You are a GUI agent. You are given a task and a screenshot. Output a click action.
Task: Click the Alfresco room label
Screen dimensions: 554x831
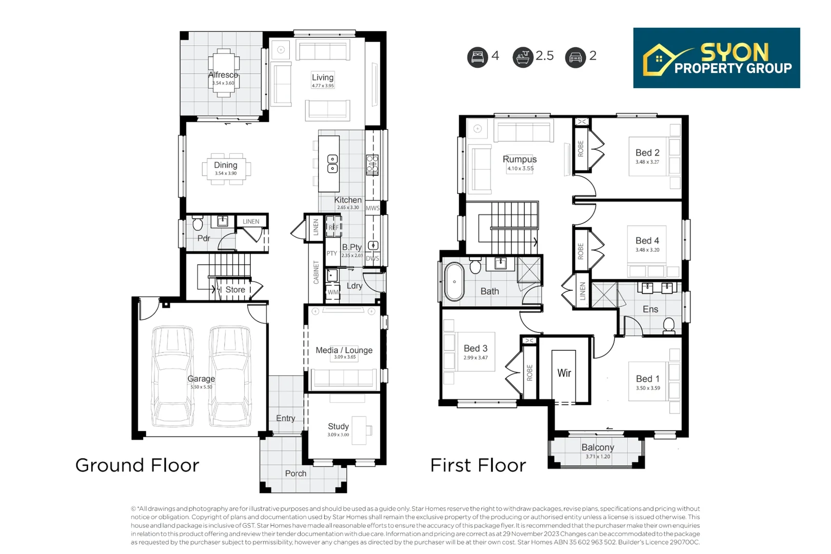[223, 75]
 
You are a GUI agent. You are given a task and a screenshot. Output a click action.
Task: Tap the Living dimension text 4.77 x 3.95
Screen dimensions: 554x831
[323, 86]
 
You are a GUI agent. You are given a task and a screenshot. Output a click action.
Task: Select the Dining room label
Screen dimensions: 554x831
[226, 165]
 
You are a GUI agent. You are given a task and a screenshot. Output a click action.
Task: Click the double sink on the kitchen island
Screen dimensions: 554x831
[332, 164]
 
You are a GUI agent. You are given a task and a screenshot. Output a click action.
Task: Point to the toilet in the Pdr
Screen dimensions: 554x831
[197, 223]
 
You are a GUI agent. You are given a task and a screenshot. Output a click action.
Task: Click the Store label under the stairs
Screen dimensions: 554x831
[235, 290]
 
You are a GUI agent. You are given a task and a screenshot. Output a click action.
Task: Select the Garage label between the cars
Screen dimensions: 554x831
[201, 379]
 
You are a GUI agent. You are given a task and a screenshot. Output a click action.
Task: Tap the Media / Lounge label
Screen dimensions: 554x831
[344, 350]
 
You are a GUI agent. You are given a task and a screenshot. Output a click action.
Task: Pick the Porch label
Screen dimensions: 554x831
[295, 473]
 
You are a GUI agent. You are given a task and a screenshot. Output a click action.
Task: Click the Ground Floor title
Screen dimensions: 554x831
[137, 465]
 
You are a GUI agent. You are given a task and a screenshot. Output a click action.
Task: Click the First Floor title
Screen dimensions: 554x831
[478, 465]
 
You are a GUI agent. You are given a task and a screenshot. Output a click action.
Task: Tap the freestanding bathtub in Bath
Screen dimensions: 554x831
[454, 282]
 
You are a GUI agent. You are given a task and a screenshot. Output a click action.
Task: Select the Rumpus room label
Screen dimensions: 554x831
[520, 160]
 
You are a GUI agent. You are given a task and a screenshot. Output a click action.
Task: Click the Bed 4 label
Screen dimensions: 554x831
[647, 241]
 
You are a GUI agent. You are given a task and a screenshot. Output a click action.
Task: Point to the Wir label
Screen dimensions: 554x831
[564, 373]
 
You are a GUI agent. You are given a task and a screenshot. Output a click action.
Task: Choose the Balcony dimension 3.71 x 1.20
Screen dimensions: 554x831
[598, 457]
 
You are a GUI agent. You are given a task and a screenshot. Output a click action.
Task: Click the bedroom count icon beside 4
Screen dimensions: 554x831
[478, 57]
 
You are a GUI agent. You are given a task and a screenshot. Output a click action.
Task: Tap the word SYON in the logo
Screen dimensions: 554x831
[735, 53]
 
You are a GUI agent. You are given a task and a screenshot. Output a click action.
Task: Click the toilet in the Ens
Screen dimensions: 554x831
[669, 326]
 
